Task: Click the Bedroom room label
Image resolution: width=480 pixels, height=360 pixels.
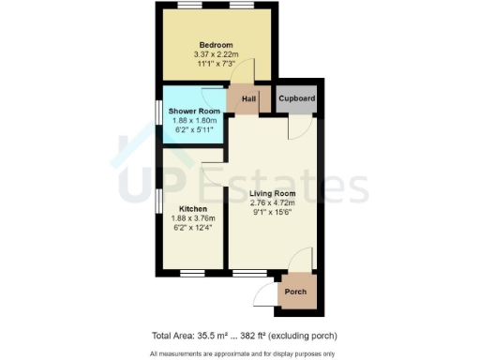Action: pos(215,44)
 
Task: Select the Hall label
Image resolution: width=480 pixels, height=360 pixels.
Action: pos(249,98)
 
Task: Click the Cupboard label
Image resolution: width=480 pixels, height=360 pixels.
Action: pos(296,98)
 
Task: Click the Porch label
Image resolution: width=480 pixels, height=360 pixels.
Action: pos(295,292)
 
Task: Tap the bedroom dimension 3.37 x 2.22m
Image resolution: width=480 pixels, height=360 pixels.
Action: pos(215,54)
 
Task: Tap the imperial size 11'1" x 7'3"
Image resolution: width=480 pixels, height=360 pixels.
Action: pos(215,64)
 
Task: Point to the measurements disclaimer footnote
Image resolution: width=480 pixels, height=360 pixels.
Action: pos(239,353)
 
